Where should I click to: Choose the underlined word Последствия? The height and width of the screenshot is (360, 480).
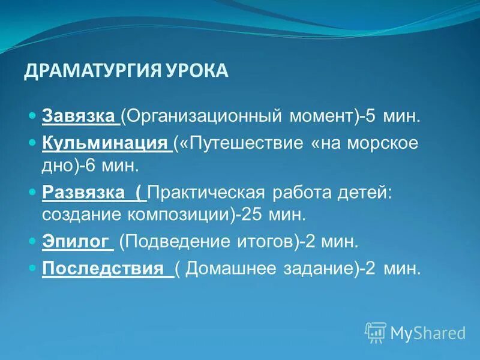tap(103, 268)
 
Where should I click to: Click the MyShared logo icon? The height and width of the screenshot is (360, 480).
tap(376, 332)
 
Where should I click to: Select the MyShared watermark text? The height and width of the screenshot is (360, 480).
tap(428, 332)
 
